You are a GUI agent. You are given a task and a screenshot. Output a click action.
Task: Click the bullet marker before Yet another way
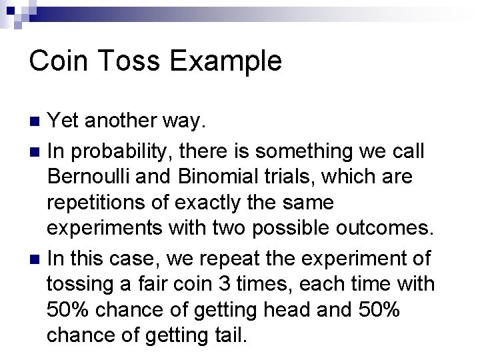37,122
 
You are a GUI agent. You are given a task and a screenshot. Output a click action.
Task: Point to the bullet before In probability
37,151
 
